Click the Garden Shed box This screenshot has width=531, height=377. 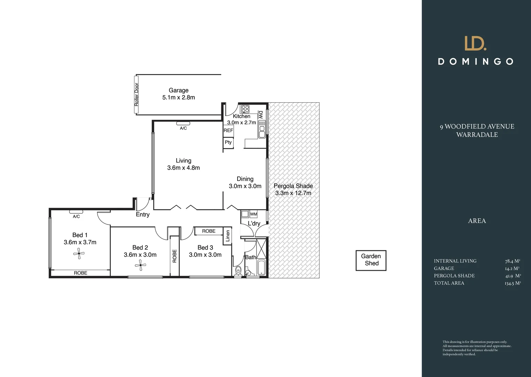[371, 260]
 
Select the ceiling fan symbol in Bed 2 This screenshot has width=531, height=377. [141, 266]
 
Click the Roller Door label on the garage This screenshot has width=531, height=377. [137, 94]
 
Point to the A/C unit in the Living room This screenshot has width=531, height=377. [183, 123]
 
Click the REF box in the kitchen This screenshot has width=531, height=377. [228, 131]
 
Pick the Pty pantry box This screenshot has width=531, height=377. [228, 142]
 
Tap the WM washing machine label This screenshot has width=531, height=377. [253, 214]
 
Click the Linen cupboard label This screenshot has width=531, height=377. [228, 236]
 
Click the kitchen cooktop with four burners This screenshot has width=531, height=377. [245, 109]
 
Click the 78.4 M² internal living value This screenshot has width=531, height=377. [512, 261]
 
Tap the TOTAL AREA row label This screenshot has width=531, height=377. [449, 283]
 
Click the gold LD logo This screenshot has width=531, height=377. [475, 43]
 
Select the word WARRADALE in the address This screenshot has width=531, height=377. [477, 135]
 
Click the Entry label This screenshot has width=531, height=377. [143, 214]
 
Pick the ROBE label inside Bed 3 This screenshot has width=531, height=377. [209, 231]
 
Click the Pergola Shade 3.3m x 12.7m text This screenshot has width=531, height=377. [293, 190]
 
